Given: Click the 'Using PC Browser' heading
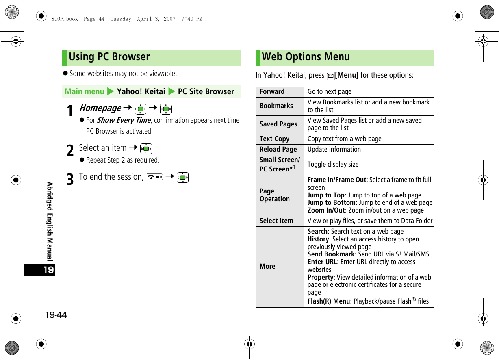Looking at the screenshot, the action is coord(109,57).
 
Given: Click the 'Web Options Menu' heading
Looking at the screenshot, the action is coord(306,57).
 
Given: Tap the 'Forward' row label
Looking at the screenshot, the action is coord(272,92).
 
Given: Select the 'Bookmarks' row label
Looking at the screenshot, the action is coord(276,106).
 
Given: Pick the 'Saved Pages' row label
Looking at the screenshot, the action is coord(278,124).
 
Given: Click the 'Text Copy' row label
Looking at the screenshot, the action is coord(275,139).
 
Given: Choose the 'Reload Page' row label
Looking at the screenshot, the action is coord(278,150).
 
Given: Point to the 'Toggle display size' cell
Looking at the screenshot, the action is coord(333,165).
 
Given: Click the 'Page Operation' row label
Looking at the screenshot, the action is coord(275,195).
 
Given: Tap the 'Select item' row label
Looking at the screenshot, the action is coord(276,221).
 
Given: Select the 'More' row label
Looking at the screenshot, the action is coord(267,267).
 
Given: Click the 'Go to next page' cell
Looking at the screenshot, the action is coord(329,92).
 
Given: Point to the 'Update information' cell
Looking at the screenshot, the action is coord(334,150).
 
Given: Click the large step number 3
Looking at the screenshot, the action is coord(70,179).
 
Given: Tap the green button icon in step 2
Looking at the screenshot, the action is coord(146,149).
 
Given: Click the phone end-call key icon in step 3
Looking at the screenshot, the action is coord(154,177).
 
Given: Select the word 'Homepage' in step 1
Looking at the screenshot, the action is coord(100,108).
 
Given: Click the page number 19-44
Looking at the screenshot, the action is coord(50,315).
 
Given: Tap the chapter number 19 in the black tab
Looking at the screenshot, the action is coord(48,270).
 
